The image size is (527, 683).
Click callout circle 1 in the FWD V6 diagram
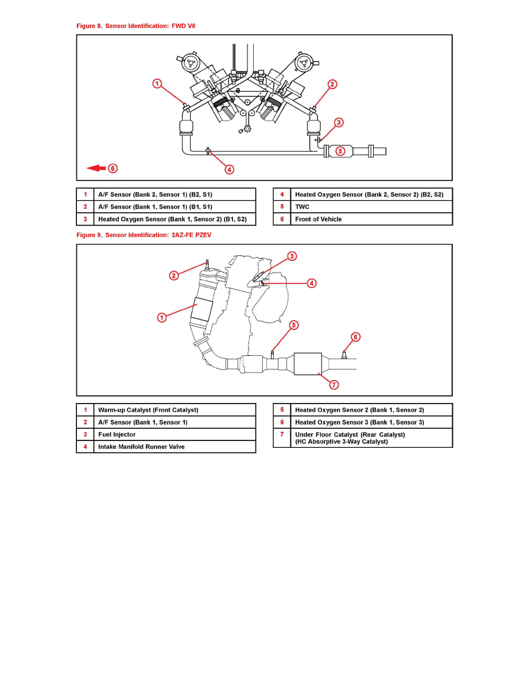coord(157,84)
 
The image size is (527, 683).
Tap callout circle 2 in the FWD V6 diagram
coord(332,85)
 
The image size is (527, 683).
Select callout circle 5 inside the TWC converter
coord(340,151)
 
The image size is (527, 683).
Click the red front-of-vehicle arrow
coord(96,168)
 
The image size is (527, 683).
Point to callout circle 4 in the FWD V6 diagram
coord(229,169)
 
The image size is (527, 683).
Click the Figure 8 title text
coord(135,26)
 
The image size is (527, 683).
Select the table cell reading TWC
coord(371,207)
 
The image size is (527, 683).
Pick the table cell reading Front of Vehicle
coord(371,219)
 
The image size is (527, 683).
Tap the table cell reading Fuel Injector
coord(175,435)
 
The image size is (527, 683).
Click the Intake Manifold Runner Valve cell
coord(175,447)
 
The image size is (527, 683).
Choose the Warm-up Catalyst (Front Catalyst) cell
coord(175,410)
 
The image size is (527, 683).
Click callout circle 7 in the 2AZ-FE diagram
coord(334,385)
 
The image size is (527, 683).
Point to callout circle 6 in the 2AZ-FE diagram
coord(355,337)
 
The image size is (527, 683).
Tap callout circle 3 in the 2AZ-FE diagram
coord(292,256)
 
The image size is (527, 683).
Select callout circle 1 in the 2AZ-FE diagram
coord(162,317)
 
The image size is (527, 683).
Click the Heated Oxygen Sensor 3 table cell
coord(371,422)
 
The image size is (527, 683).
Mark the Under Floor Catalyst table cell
coord(371,438)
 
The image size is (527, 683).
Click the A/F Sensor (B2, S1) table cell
coord(175,194)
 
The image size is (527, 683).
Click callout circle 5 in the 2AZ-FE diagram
coord(293,325)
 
